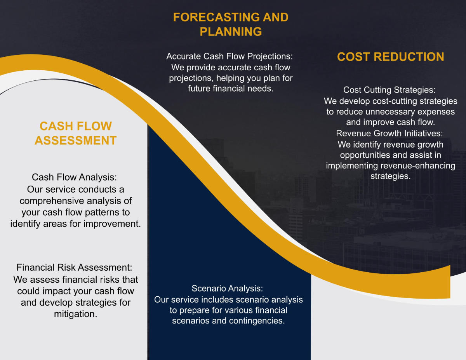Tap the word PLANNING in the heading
coord(231,31)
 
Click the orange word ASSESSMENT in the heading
coord(76,140)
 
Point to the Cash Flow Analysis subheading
coord(74,177)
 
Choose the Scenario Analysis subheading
coord(227,289)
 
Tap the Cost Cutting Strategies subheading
coord(389,90)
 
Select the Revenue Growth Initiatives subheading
coord(389,134)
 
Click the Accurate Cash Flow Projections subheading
coord(230,56)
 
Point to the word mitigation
coord(75,314)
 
